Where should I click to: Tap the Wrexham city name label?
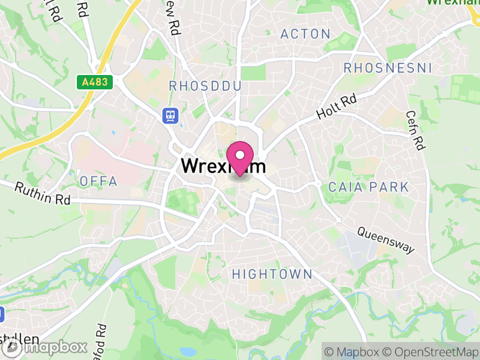click(223, 166)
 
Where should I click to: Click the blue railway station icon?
click(170, 115)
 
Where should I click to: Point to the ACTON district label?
click(305, 34)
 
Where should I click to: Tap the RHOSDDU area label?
click(205, 86)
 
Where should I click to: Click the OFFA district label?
click(98, 181)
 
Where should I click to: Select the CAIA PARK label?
click(368, 187)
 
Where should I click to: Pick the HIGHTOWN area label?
click(272, 274)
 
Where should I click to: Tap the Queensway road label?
click(386, 239)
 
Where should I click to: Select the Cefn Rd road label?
click(415, 130)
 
